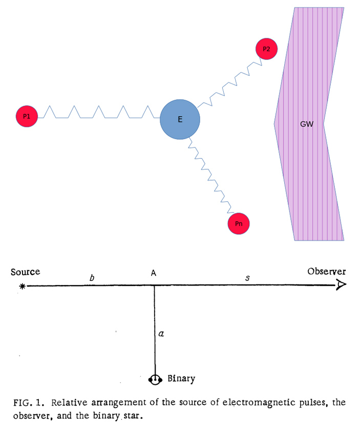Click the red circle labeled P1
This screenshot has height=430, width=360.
(x=27, y=117)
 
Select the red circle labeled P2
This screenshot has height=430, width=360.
(x=266, y=49)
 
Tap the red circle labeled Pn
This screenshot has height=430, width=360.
(x=239, y=224)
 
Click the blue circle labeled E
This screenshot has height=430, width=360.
(x=180, y=120)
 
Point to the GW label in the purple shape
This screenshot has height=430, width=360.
(x=306, y=124)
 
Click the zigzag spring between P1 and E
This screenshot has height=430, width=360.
(x=97, y=112)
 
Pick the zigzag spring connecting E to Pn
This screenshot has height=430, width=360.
(x=209, y=177)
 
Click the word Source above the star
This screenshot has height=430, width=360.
(x=25, y=272)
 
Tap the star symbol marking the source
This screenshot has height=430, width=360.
(x=22, y=287)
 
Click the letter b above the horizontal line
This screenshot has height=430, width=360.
(x=92, y=277)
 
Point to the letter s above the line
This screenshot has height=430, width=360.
(x=247, y=278)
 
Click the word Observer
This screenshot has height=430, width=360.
(x=327, y=272)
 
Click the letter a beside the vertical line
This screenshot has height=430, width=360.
(x=161, y=334)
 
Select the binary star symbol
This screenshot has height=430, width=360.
(x=154, y=379)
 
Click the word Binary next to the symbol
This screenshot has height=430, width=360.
(x=181, y=379)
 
